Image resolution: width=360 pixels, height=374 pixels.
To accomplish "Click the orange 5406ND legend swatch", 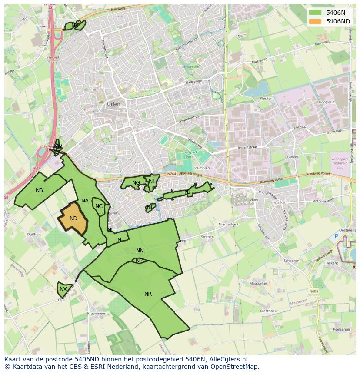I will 316,21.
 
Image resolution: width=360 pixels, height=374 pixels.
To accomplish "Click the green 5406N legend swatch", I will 316,13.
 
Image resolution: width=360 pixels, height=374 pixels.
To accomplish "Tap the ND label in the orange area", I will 73,218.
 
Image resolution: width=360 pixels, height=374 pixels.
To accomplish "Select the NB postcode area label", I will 40,190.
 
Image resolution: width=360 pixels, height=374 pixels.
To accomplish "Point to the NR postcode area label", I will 148,294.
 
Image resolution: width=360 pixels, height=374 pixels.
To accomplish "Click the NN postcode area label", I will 140,251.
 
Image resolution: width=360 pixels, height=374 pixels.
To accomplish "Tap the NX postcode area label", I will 63,289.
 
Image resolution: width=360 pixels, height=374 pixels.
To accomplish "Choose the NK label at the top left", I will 75,26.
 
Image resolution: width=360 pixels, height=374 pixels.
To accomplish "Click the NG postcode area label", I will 136,183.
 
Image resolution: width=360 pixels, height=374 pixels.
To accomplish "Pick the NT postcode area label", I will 152,181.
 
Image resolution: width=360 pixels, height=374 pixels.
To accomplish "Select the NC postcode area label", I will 99,206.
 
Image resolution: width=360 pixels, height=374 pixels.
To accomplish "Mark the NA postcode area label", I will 85,201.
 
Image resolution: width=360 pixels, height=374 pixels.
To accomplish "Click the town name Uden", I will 113,104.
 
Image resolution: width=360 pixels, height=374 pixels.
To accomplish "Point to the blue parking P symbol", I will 336,236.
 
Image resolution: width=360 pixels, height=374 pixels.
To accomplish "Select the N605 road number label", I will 314,291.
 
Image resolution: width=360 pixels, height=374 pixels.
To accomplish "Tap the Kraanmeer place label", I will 96,313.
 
